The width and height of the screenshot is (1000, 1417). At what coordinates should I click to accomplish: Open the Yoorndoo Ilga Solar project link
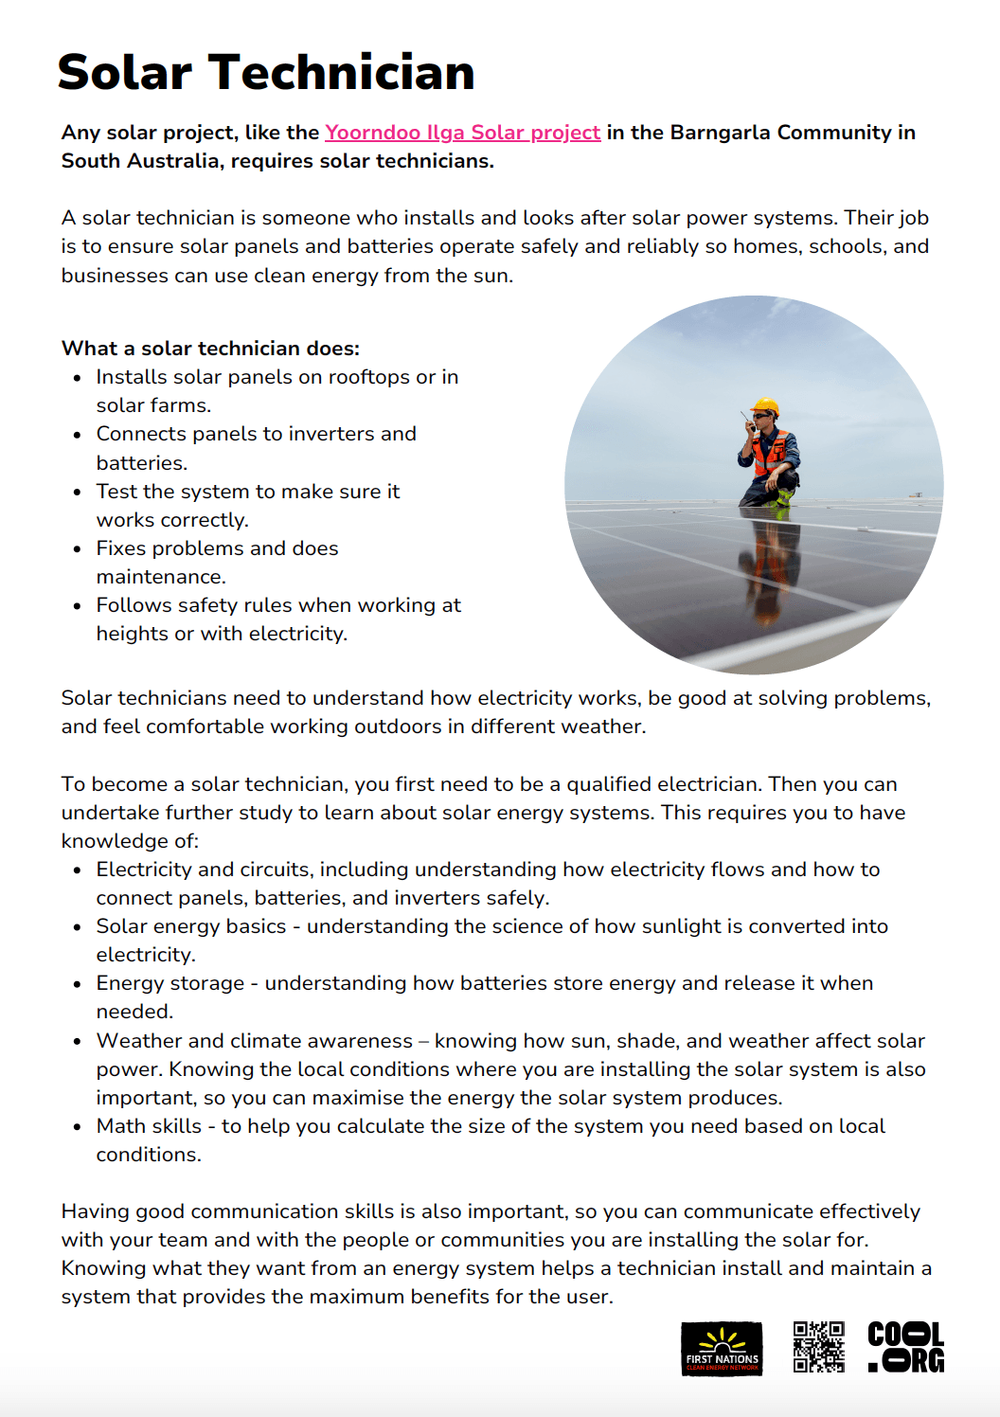click(x=462, y=133)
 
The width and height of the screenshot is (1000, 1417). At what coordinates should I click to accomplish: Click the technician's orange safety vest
click(x=772, y=453)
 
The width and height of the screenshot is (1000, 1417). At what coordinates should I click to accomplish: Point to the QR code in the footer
click(x=818, y=1347)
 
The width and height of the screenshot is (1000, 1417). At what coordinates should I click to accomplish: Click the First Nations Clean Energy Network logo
click(x=722, y=1349)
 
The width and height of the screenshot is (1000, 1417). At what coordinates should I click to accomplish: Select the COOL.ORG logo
click(x=905, y=1347)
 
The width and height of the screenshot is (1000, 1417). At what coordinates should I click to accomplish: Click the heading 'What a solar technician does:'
click(x=210, y=349)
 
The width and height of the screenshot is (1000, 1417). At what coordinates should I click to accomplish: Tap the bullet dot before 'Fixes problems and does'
click(x=78, y=549)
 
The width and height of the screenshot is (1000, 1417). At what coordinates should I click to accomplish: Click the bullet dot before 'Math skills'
click(x=78, y=1127)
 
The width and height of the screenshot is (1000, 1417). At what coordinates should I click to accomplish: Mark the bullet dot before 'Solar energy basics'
click(x=78, y=927)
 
